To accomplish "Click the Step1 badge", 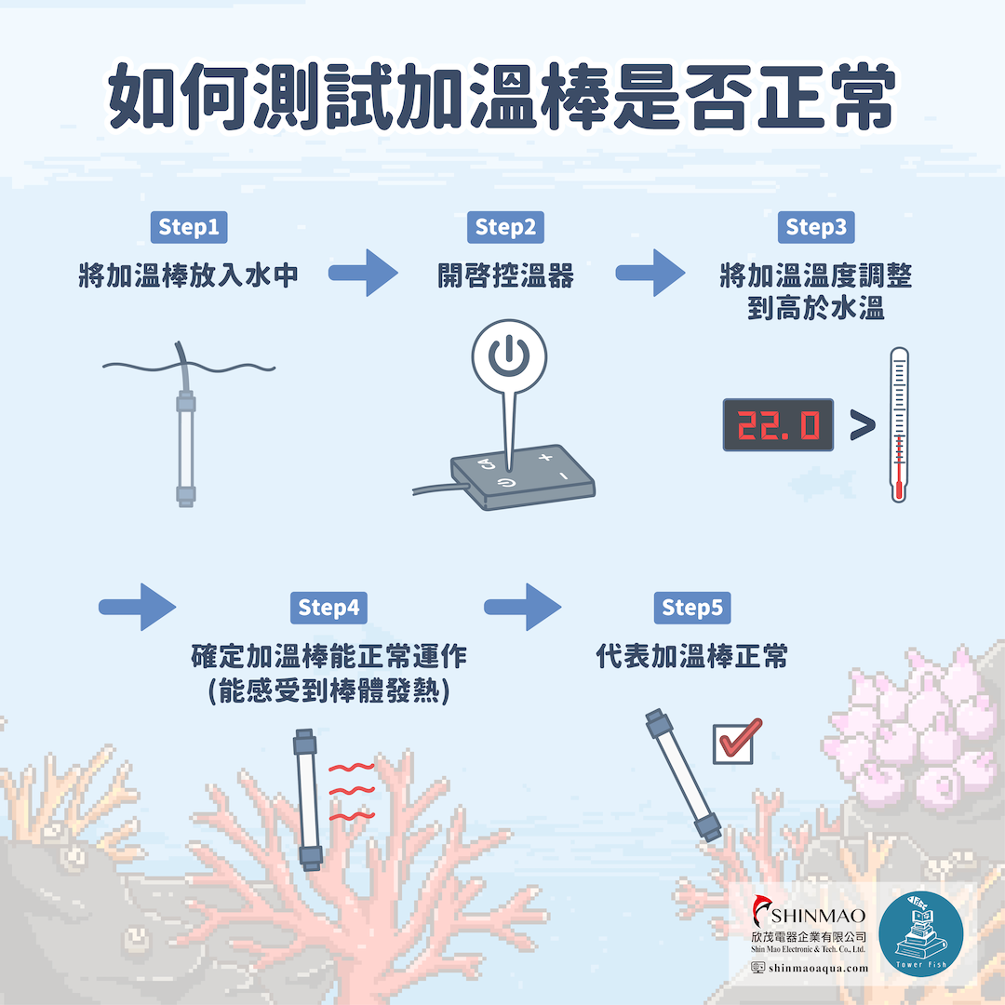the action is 188,227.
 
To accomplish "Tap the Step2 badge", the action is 505,227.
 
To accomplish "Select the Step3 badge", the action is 816,227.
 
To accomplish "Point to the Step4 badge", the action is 328,608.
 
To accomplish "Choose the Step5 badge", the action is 692,608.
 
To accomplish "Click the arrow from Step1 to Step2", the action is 364,273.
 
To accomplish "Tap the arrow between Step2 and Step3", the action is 650,273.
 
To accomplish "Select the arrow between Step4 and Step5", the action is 522,607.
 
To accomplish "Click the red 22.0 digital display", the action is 778,425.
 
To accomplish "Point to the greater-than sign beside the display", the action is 863,425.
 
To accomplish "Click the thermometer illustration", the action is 899,425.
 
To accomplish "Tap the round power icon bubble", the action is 510,356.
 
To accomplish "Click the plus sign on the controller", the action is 545,457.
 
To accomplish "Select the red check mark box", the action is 736,743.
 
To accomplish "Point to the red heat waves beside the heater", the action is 351,792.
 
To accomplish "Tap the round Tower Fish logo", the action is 921,934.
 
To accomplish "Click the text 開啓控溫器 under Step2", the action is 505,276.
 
